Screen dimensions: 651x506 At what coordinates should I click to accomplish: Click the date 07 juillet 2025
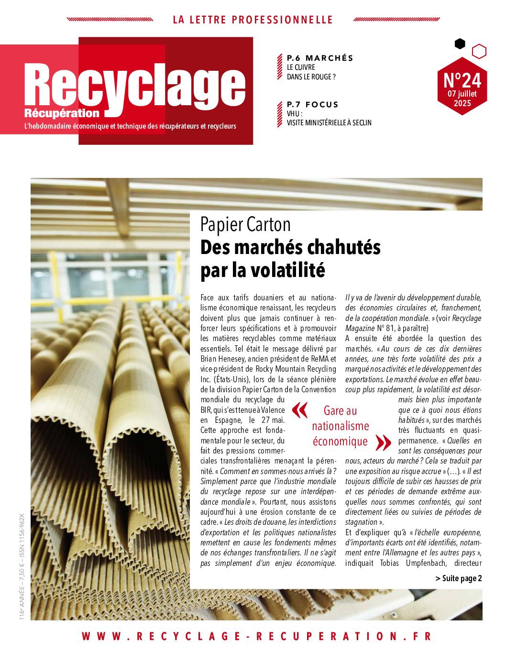(x=462, y=98)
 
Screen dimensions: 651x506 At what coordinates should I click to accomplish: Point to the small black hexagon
(x=460, y=44)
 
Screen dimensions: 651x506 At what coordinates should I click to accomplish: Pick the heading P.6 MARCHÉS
(x=320, y=58)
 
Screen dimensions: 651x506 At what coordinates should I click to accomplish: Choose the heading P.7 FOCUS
(x=312, y=104)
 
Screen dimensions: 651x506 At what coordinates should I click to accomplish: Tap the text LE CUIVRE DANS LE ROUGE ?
(x=308, y=72)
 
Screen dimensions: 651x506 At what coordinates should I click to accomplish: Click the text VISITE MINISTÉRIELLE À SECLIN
(x=329, y=122)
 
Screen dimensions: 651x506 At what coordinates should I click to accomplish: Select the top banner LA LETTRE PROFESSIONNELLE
(x=253, y=20)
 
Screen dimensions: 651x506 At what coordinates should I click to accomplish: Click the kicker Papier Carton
(x=245, y=224)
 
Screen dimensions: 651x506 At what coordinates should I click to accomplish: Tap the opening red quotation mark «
(x=300, y=410)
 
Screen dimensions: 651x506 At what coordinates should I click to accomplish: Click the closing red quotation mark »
(x=383, y=443)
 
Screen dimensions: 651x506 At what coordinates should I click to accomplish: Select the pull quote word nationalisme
(x=341, y=426)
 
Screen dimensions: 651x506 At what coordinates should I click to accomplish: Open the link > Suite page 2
(x=459, y=578)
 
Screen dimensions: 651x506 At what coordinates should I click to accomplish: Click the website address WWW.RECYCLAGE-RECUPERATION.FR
(x=256, y=636)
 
